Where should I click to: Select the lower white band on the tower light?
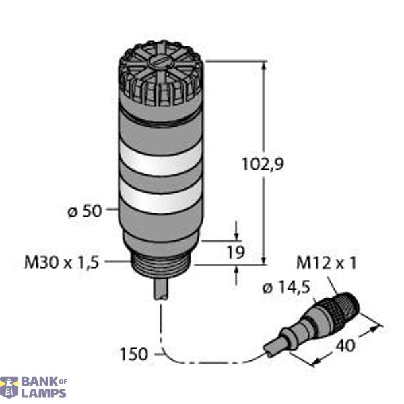pyautogui.click(x=160, y=200)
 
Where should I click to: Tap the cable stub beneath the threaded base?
pyautogui.click(x=162, y=288)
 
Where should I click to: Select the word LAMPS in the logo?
pyautogui.click(x=44, y=393)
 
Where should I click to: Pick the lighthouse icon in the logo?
pyautogui.click(x=10, y=387)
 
